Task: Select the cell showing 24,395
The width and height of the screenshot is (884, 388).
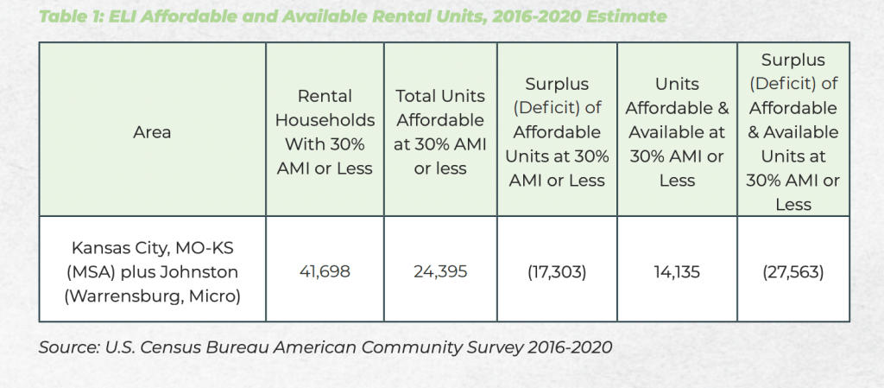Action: (439, 271)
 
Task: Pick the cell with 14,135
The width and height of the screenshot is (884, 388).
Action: (677, 271)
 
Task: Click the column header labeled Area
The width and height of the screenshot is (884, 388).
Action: (152, 132)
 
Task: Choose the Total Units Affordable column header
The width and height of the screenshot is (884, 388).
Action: (439, 132)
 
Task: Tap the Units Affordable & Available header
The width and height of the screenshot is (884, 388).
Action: (677, 132)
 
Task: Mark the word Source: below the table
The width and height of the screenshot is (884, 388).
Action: (68, 347)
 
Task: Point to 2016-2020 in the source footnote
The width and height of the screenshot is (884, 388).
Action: (564, 347)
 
